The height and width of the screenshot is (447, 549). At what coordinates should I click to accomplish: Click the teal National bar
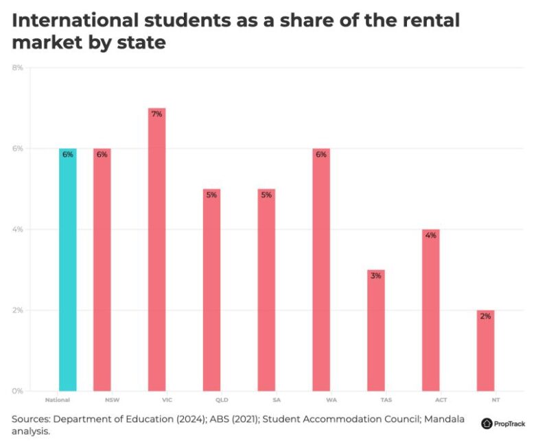(67, 270)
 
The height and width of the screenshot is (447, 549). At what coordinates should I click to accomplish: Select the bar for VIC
(156, 250)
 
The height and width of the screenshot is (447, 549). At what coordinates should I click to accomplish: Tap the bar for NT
(485, 350)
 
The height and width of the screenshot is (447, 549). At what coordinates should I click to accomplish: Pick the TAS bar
(375, 330)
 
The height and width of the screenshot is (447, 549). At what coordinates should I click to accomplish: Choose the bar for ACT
(430, 310)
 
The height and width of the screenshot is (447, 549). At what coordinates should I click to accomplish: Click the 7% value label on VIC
(156, 114)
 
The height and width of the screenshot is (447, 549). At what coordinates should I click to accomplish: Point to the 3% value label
(375, 276)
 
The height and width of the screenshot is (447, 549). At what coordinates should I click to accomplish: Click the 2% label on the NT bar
(485, 316)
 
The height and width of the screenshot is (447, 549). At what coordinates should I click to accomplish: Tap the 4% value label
(430, 235)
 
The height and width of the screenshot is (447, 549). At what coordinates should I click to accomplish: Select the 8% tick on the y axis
(17, 67)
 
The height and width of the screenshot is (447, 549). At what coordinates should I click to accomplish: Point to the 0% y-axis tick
(17, 391)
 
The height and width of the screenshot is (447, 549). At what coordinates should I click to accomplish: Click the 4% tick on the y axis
(17, 229)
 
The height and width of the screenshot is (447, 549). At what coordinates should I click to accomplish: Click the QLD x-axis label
(211, 398)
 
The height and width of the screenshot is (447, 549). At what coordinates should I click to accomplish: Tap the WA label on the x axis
(320, 398)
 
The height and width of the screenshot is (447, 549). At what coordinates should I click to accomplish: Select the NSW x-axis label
(102, 398)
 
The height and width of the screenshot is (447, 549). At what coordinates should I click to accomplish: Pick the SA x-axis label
(266, 398)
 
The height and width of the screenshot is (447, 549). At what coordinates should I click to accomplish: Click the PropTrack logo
(504, 424)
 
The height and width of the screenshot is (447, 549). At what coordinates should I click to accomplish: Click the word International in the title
(73, 21)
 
